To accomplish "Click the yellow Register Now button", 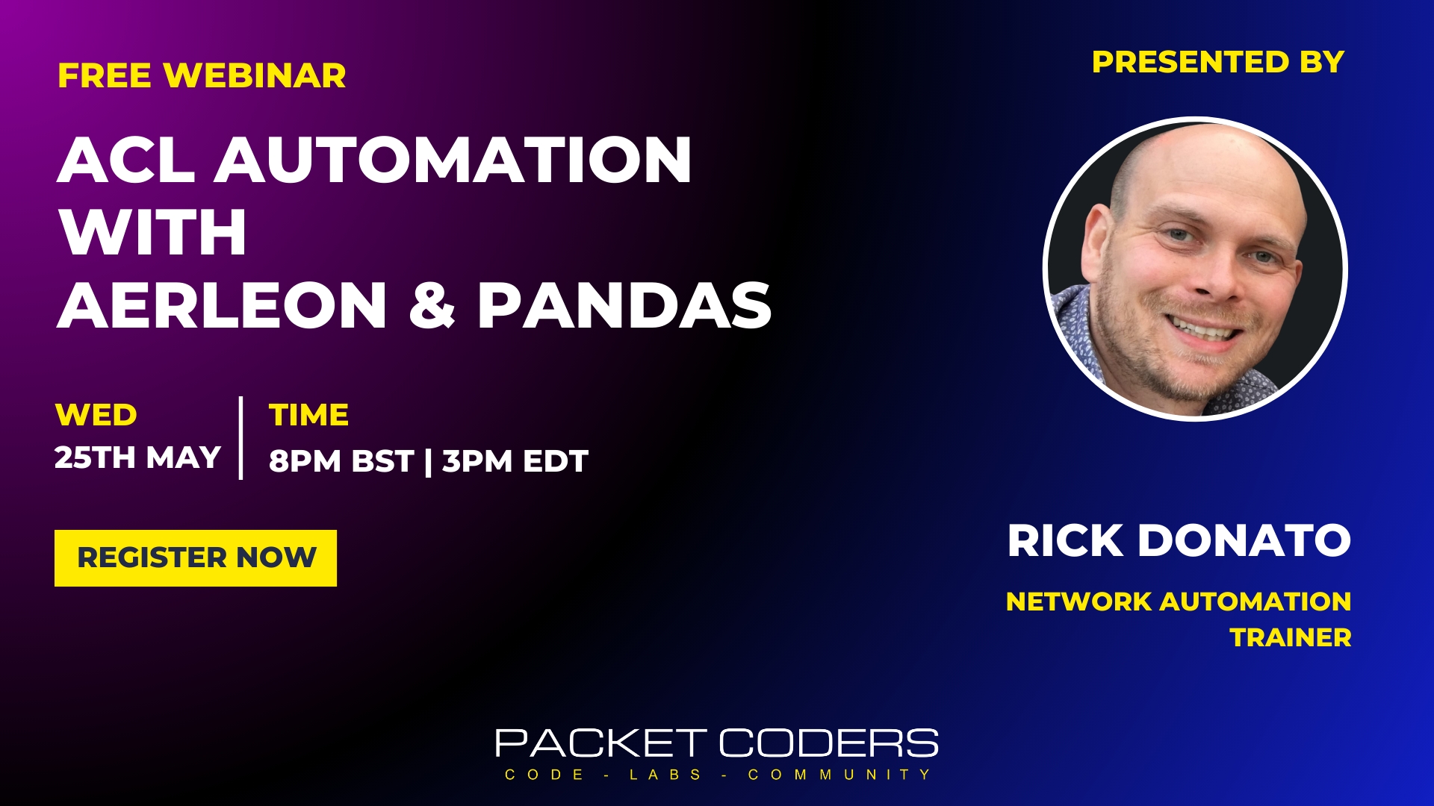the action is [x=196, y=558].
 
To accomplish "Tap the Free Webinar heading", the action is [x=202, y=75].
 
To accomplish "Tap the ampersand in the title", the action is [x=432, y=305].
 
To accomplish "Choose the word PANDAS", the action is [x=624, y=305].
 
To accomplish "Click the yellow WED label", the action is [x=96, y=415].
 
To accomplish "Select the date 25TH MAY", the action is [x=138, y=457].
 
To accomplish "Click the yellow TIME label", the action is [x=308, y=415].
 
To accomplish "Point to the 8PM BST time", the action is [x=341, y=461].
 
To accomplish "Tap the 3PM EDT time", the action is [x=515, y=461].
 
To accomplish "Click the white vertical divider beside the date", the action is [x=240, y=438].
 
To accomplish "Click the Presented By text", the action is [x=1218, y=62].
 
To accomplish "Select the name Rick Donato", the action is [x=1179, y=540].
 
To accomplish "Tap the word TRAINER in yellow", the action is [x=1291, y=637].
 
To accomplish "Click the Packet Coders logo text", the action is [x=717, y=743].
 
